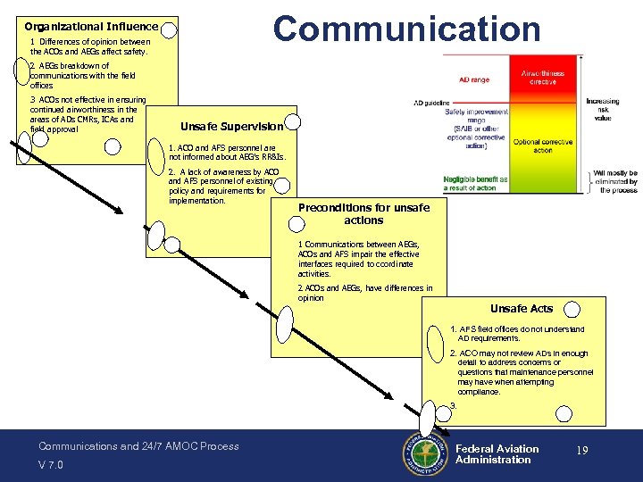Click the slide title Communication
coord(406,29)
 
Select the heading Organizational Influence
coord(91,27)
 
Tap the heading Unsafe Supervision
coord(230,126)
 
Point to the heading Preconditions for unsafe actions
coord(363,213)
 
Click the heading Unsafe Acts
coord(521,308)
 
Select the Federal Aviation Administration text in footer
coord(497,454)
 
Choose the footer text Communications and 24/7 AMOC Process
coord(138,445)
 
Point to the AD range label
coord(474,79)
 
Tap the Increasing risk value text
coord(603,110)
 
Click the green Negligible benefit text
coord(475,183)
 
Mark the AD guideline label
coord(430,103)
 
